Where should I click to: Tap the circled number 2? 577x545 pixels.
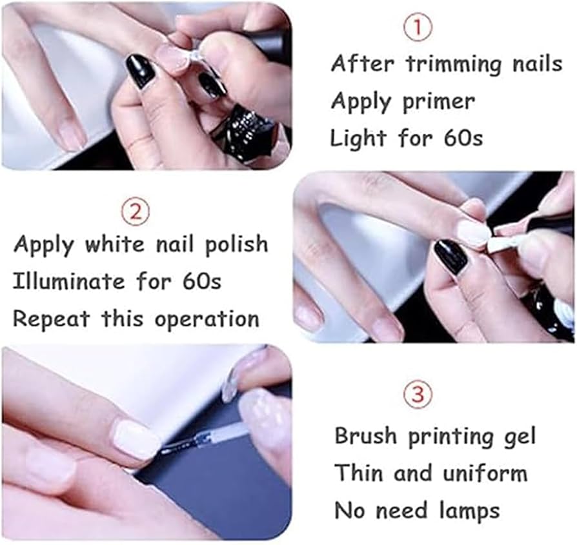[x=136, y=212]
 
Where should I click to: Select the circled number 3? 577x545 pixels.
[x=419, y=395]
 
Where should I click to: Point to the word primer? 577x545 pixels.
[x=438, y=103]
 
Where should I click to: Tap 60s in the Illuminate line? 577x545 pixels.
[x=201, y=282]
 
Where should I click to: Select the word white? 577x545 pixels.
[x=114, y=244]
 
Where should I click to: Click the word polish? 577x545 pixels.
[x=236, y=244]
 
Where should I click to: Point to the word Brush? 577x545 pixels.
[x=365, y=436]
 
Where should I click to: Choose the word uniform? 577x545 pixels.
[x=485, y=473]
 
